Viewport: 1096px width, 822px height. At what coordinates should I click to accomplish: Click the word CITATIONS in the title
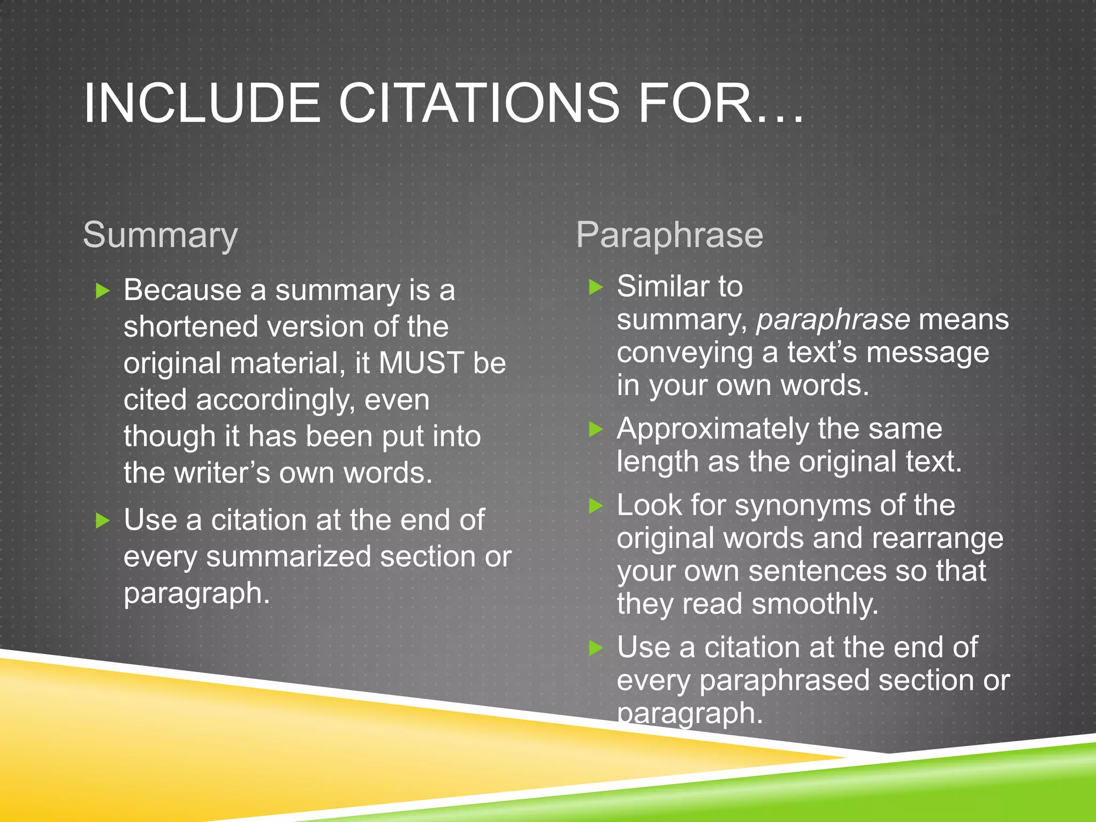(x=478, y=103)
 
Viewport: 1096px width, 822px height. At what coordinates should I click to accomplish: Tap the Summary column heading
(x=160, y=235)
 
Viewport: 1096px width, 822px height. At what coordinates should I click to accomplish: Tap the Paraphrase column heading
(x=669, y=235)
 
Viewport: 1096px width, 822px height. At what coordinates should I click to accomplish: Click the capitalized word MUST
(x=421, y=363)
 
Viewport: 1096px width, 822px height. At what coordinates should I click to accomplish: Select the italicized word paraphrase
(x=833, y=319)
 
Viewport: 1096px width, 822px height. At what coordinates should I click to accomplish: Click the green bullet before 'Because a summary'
(x=102, y=291)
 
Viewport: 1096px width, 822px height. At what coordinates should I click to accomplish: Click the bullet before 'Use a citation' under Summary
(x=102, y=521)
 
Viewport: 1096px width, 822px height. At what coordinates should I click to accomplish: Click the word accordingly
(x=275, y=400)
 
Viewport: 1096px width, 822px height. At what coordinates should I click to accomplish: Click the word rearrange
(x=937, y=538)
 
